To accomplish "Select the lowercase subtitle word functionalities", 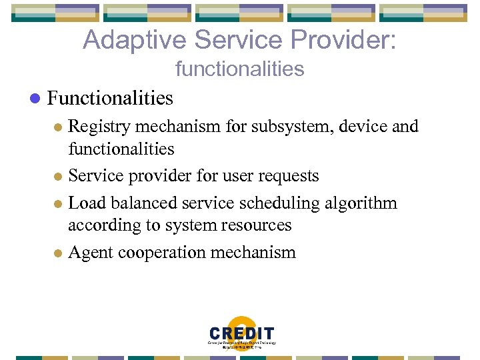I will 239,69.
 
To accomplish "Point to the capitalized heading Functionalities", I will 110,98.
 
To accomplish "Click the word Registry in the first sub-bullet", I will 99,126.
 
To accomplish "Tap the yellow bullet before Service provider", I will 57,177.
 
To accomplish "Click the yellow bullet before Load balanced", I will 57,203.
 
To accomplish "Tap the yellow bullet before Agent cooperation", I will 57,253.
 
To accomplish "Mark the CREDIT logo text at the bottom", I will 241,333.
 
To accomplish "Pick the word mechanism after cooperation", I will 257,252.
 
